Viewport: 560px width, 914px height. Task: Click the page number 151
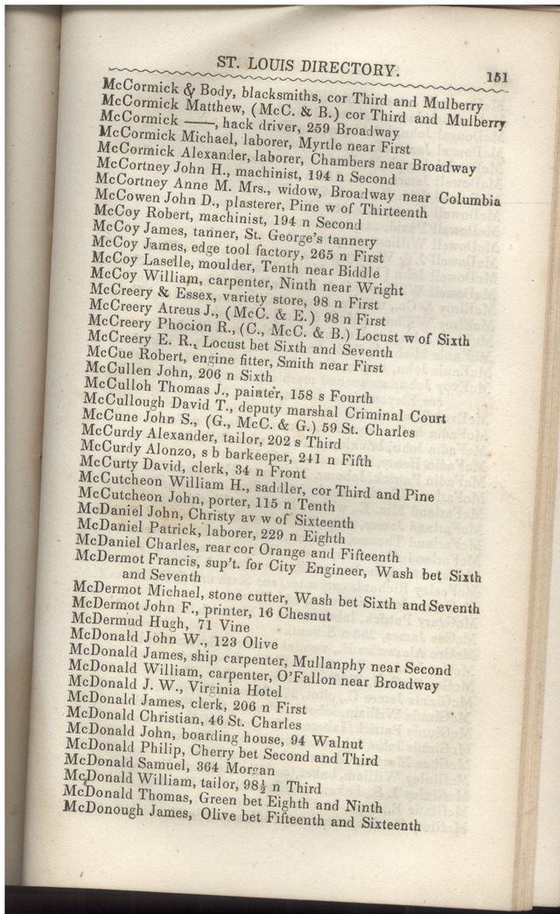(497, 77)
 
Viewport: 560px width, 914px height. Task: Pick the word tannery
(347, 242)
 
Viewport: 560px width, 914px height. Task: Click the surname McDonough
(115, 810)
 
